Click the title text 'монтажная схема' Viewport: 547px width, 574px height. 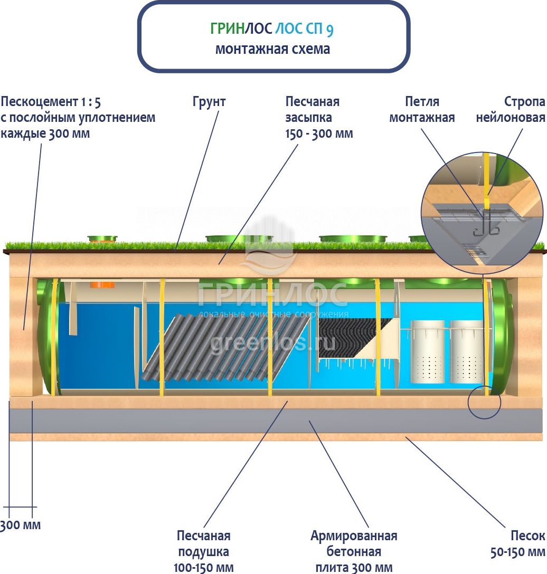tap(272, 49)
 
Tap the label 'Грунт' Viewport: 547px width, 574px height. tap(209, 102)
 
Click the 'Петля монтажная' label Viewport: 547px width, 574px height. tap(422, 109)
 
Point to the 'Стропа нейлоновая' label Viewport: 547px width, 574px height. tap(510, 109)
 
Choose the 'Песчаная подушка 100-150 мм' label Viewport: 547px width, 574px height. tap(204, 552)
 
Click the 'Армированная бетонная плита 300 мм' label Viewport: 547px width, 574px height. tap(354, 552)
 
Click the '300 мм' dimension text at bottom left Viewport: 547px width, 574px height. tap(20, 525)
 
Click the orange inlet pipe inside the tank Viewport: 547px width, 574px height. tap(102, 285)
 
